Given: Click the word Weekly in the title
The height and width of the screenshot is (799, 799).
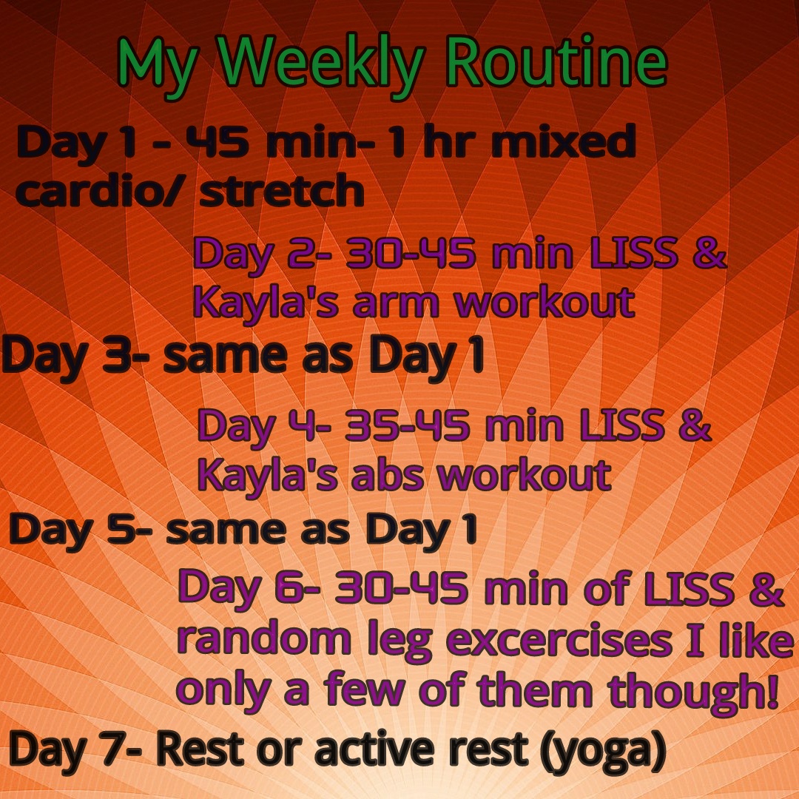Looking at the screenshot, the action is click(x=320, y=63).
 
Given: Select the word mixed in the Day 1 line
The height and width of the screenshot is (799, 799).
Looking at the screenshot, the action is click(x=563, y=141).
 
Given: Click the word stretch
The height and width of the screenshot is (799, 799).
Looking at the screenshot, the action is click(x=281, y=190).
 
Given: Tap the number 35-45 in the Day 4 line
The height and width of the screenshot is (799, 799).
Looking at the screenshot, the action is click(x=407, y=425).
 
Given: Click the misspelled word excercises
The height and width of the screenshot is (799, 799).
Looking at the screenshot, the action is click(x=559, y=641).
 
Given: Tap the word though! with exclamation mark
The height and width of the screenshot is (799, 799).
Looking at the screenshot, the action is click(x=693, y=692).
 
